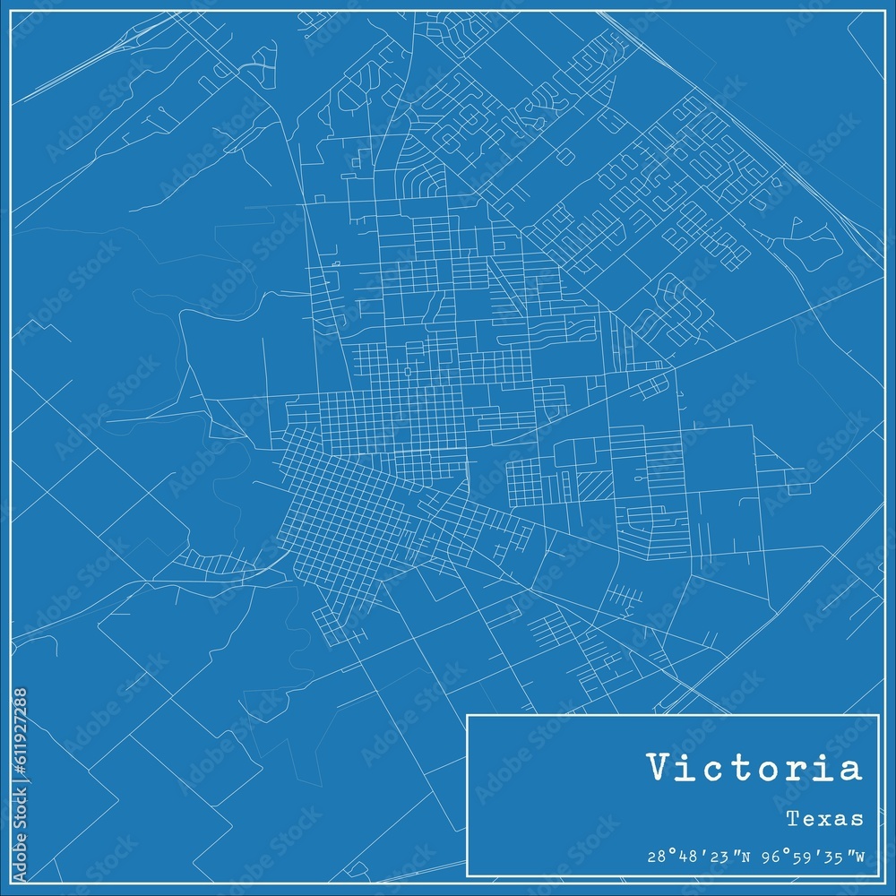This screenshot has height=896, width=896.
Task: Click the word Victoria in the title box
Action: click(x=754, y=768)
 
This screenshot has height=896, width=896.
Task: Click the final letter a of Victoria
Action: click(x=849, y=771)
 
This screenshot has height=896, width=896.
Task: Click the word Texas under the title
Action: click(x=825, y=818)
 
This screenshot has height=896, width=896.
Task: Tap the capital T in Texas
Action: click(x=793, y=818)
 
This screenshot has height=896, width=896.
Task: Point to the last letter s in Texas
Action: click(x=858, y=820)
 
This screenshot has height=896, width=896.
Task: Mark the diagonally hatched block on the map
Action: click(x=594, y=485)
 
